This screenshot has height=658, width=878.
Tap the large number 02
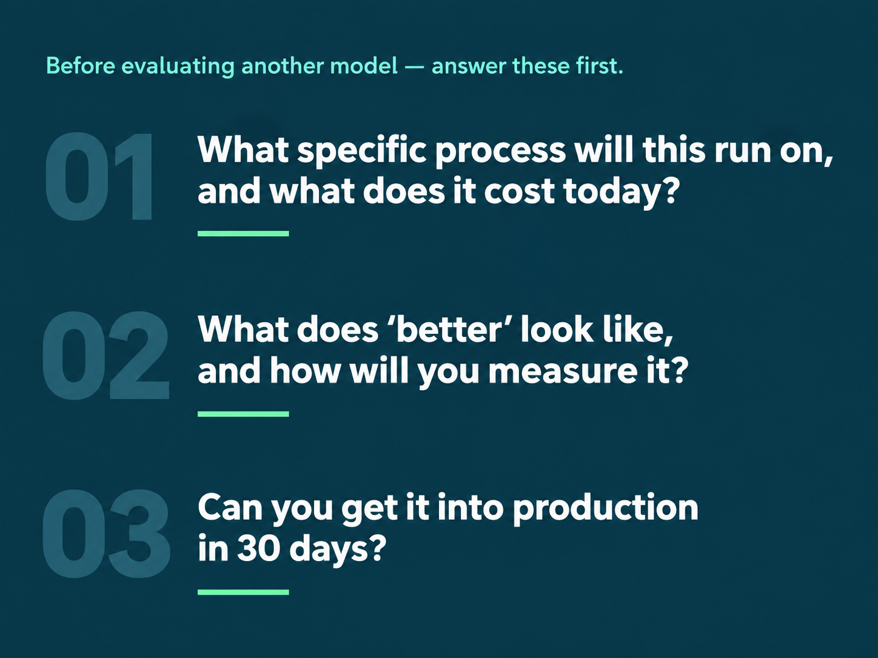coord(105,355)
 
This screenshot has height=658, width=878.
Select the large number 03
coord(106,533)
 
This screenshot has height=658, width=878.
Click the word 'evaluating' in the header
coord(178,66)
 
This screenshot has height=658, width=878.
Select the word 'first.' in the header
coord(600,65)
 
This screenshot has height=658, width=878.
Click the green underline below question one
coord(243,234)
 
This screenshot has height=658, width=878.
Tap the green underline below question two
coord(243,414)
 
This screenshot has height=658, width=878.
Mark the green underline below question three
coord(243,592)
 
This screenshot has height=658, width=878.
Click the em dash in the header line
coord(415,67)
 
